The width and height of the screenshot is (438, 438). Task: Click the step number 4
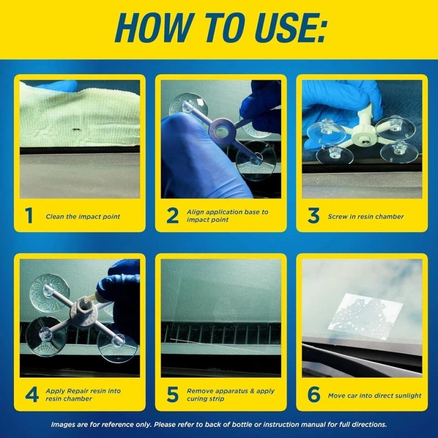point(31,395)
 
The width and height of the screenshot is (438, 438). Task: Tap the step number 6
point(313,395)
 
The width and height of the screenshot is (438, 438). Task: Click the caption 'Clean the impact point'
point(83,217)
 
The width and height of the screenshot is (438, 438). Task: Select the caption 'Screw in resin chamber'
point(366,217)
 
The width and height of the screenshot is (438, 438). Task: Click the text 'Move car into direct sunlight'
point(374,395)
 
